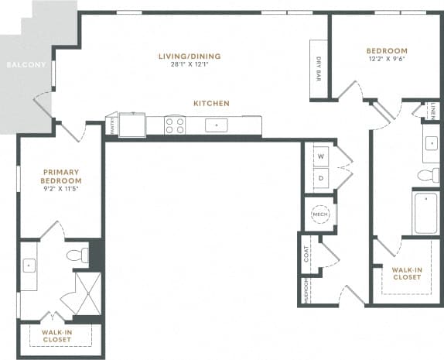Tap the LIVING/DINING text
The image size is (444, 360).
(x=190, y=56)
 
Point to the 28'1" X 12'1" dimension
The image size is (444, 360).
(x=190, y=64)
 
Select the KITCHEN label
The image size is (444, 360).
(x=211, y=103)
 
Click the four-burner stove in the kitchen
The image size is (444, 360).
(x=175, y=125)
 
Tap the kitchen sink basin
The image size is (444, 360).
(x=216, y=125)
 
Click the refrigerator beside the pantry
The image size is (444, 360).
(x=136, y=124)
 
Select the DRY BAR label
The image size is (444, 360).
(x=319, y=70)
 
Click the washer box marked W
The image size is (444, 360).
(x=320, y=156)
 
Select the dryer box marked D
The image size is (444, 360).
(x=320, y=178)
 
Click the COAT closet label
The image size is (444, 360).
(x=307, y=255)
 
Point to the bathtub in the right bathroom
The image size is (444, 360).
(x=425, y=213)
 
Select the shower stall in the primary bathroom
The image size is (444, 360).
(x=81, y=294)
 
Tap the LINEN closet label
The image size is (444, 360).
(x=435, y=111)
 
